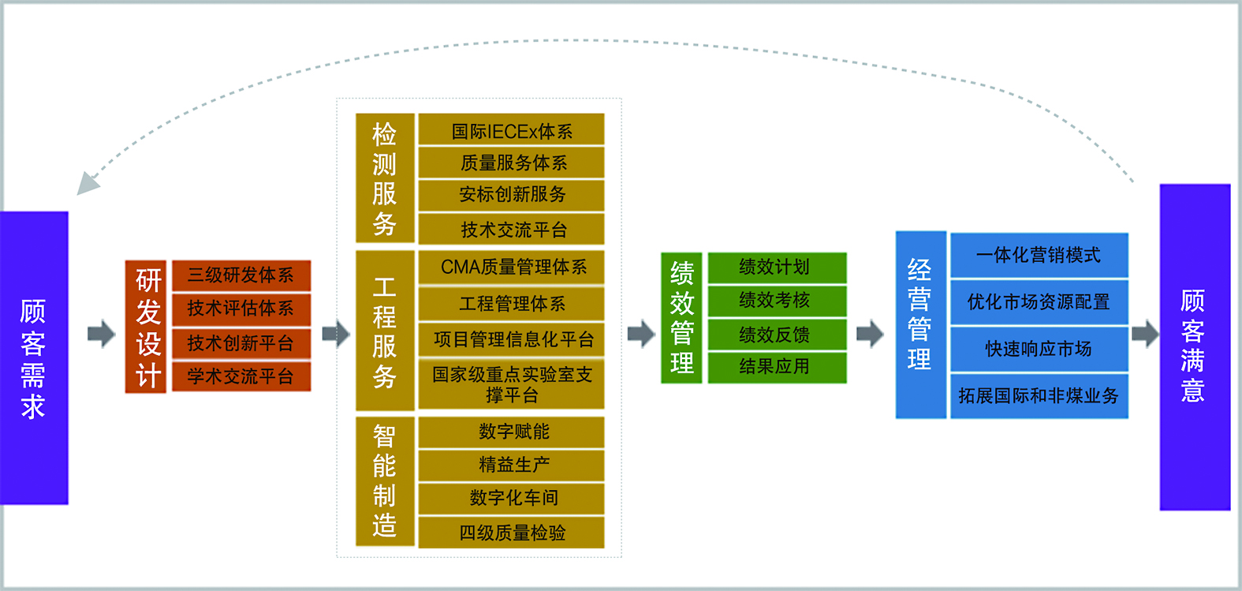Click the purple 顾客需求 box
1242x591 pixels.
pyautogui.click(x=34, y=358)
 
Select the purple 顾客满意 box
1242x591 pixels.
pyautogui.click(x=1195, y=347)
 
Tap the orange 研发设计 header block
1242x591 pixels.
pyautogui.click(x=146, y=327)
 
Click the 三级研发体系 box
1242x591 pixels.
pyautogui.click(x=241, y=275)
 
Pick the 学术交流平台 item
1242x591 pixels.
pyautogui.click(x=241, y=377)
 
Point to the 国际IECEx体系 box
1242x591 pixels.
pyautogui.click(x=511, y=129)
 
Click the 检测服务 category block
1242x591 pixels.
pyautogui.click(x=385, y=178)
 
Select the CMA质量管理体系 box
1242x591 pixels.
pyautogui.click(x=511, y=267)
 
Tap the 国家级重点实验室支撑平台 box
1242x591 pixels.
pyautogui.click(x=511, y=384)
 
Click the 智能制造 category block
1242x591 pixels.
pyautogui.click(x=385, y=481)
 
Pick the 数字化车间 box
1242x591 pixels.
pyautogui.click(x=511, y=499)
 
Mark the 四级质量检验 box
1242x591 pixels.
pyautogui.click(x=511, y=533)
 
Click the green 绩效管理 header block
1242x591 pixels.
pyautogui.click(x=681, y=318)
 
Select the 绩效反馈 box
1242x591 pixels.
pyautogui.click(x=778, y=335)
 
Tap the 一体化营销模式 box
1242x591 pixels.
pyautogui.click(x=1039, y=256)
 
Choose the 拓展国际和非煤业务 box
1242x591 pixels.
pyautogui.click(x=1039, y=396)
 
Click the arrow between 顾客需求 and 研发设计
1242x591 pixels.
pyautogui.click(x=102, y=334)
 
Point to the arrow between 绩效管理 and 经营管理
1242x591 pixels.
pyautogui.click(x=870, y=334)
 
